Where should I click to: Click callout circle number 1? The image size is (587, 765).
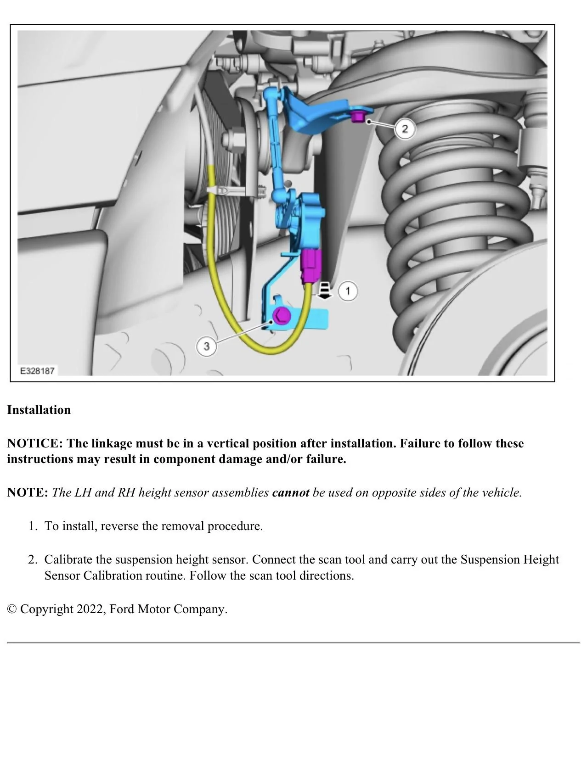pyautogui.click(x=348, y=291)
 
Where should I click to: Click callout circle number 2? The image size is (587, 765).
pyautogui.click(x=405, y=128)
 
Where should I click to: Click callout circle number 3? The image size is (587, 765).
pyautogui.click(x=206, y=346)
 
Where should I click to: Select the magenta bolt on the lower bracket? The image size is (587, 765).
pyautogui.click(x=281, y=316)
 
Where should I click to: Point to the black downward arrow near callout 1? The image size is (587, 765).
pyautogui.click(x=325, y=291)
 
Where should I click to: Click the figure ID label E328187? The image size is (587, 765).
pyautogui.click(x=38, y=370)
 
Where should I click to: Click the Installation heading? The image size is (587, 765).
pyautogui.click(x=39, y=410)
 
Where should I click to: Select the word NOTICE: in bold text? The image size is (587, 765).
pyautogui.click(x=35, y=443)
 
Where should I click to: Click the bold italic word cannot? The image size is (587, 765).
pyautogui.click(x=290, y=492)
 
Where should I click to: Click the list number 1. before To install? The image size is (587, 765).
pyautogui.click(x=32, y=526)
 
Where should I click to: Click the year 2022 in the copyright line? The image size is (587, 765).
pyautogui.click(x=90, y=609)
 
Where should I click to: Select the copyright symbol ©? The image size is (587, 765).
pyautogui.click(x=12, y=609)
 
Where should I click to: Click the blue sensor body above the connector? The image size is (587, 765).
pyautogui.click(x=305, y=220)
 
